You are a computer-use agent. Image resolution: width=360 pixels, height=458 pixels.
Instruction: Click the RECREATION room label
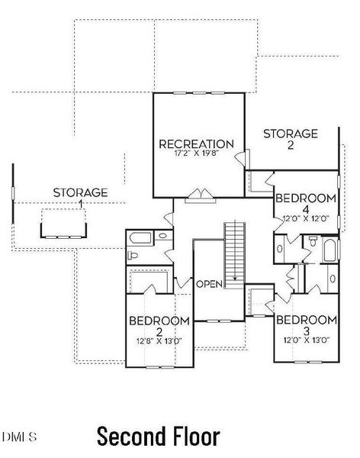tap(196, 144)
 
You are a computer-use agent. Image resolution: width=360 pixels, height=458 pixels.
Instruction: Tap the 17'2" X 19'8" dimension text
tap(196, 153)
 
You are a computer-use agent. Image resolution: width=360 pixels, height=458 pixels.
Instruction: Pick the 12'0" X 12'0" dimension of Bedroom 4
tap(305, 218)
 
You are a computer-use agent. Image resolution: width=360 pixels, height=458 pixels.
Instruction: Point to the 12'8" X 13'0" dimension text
tap(159, 340)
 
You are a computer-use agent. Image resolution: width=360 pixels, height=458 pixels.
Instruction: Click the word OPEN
tap(209, 284)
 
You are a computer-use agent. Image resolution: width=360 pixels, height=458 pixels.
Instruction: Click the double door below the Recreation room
tap(199, 194)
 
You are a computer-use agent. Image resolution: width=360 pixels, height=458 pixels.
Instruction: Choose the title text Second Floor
tap(158, 437)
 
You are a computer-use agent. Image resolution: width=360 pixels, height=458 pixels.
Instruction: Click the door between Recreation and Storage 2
tap(243, 158)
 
